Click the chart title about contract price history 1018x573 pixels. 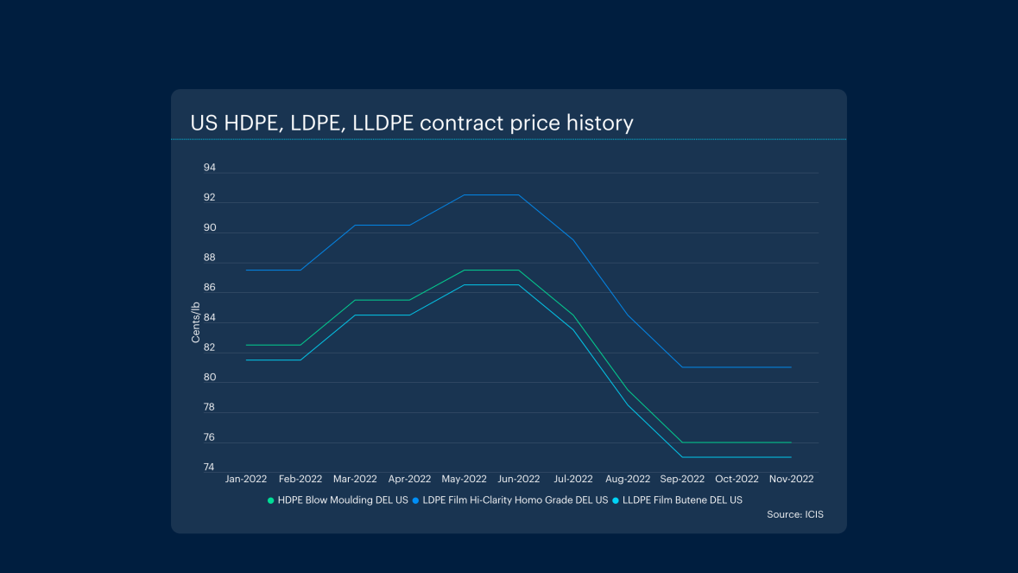[412, 123]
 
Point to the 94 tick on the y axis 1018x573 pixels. [210, 168]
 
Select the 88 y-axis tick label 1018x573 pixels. [210, 258]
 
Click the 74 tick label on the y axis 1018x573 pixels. [210, 468]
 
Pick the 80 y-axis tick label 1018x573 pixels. [210, 378]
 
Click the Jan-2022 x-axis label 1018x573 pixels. [246, 479]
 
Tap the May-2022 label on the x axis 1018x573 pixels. [464, 479]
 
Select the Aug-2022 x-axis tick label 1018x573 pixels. [628, 479]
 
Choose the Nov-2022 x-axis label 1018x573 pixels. [791, 479]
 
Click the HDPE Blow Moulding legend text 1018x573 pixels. [343, 500]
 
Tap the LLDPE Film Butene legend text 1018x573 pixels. [682, 500]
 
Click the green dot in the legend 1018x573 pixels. [271, 500]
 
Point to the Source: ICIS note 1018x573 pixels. [794, 514]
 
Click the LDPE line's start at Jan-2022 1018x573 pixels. [247, 271]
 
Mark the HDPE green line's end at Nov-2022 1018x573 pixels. [791, 442]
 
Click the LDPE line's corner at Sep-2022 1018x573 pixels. [682, 367]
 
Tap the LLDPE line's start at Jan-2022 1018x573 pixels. [247, 360]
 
